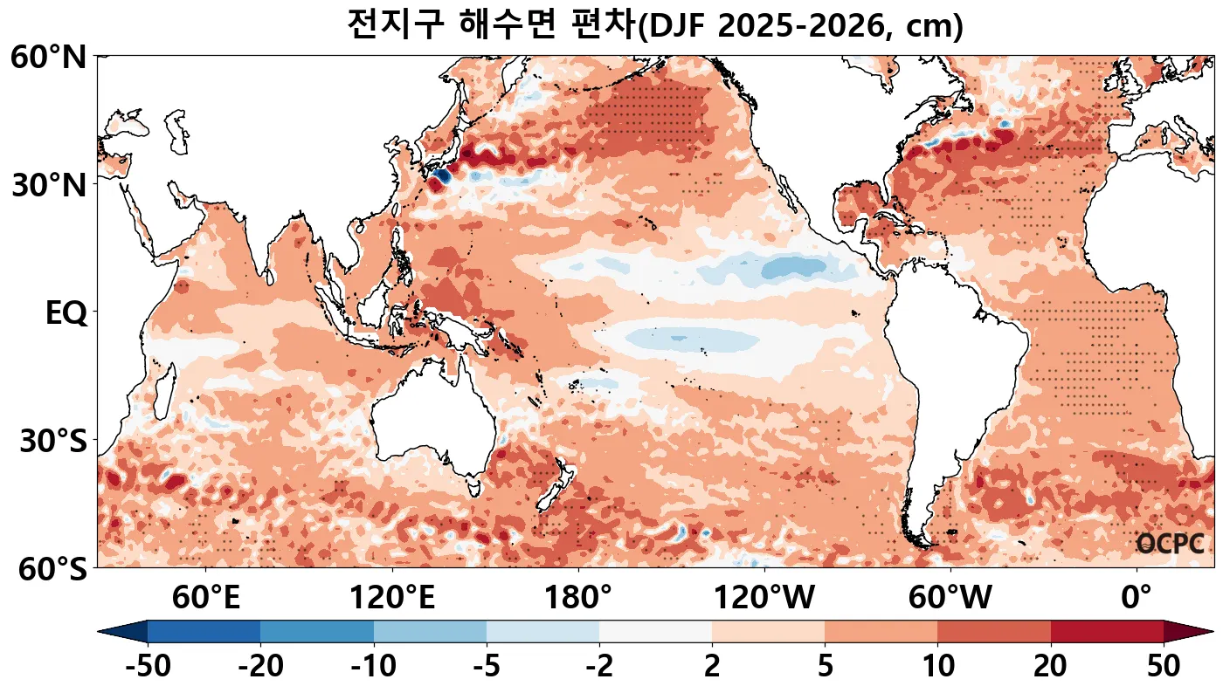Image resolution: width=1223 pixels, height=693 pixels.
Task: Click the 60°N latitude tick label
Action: coord(49,58)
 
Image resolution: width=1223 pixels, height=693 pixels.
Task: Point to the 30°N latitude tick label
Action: coord(49,186)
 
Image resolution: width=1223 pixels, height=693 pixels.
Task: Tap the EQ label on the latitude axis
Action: coord(66,313)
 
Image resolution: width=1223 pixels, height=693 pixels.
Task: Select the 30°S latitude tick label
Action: coord(52,442)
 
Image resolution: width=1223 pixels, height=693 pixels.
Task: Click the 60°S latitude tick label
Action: coord(49,569)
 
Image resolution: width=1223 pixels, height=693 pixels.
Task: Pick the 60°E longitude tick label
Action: coord(205,599)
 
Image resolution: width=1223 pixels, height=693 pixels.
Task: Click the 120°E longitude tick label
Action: coord(391,599)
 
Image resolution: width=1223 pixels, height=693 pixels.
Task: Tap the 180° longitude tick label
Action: coord(578,599)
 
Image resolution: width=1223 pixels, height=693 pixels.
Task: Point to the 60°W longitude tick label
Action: coord(950,599)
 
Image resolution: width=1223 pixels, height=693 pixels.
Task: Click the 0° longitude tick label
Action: coord(1136,599)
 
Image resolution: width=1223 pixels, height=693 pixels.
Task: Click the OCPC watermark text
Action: coord(1170,544)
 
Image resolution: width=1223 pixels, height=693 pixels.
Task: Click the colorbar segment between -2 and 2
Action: coord(655,632)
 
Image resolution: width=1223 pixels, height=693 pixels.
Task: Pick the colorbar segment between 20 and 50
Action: coord(1107,632)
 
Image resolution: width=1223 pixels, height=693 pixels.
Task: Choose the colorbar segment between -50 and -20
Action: coord(204,632)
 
